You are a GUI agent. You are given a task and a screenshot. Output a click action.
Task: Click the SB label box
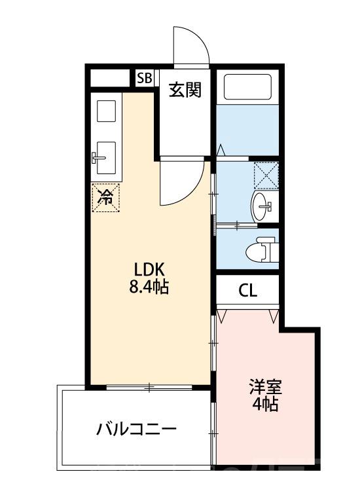point(144,78)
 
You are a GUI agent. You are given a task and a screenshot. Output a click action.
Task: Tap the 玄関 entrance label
point(185,90)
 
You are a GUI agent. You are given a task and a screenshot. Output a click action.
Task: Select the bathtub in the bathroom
point(247,86)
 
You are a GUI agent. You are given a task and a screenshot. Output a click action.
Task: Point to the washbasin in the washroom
point(262,207)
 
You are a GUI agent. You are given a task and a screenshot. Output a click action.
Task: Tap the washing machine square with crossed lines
point(266,175)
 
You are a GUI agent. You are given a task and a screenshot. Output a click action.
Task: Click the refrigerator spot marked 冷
point(105,197)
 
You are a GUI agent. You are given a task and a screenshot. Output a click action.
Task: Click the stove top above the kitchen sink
point(105,111)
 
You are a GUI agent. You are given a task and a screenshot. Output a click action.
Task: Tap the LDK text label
point(152,269)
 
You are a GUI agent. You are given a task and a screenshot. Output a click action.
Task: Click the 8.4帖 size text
point(152,287)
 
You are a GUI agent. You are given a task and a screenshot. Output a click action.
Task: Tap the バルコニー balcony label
point(137,429)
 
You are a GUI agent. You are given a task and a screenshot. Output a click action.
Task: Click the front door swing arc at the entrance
point(191,47)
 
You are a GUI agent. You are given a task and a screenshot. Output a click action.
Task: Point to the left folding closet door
point(223,316)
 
